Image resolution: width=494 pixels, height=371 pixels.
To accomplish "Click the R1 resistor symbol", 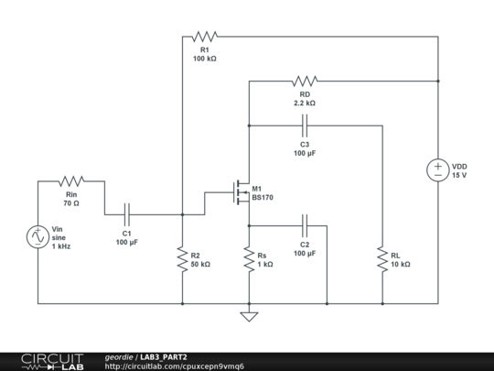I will pyautogui.click(x=203, y=38).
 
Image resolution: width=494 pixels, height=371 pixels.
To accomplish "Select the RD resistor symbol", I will pyautogui.click(x=305, y=82).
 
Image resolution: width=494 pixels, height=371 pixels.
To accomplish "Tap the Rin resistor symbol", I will pyautogui.click(x=71, y=181).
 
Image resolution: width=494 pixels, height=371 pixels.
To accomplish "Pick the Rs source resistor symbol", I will pyautogui.click(x=248, y=258).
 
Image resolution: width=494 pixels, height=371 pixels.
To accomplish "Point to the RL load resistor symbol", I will pyautogui.click(x=381, y=258).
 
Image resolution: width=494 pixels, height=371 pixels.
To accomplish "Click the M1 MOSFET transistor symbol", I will pyautogui.click(x=240, y=192).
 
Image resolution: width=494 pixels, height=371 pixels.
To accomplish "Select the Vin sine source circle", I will pyautogui.click(x=38, y=237).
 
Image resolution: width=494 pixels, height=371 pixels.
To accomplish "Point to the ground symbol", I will pyautogui.click(x=248, y=316).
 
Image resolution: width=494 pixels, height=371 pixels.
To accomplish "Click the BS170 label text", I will pyautogui.click(x=263, y=198).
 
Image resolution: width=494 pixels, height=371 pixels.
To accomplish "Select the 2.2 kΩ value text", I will pyautogui.click(x=305, y=104).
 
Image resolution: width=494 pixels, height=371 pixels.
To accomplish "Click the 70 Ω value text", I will pyautogui.click(x=72, y=202).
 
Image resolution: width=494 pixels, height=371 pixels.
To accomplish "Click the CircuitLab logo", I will pyautogui.click(x=43, y=360).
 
